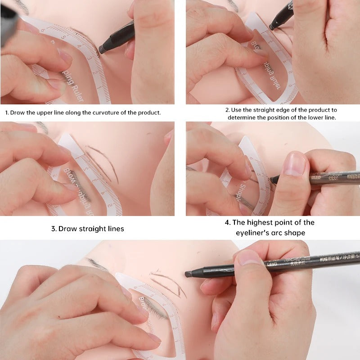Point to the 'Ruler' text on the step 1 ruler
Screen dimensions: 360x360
pyautogui.click(x=77, y=92)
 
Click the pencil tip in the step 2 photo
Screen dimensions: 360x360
pyautogui.click(x=271, y=27)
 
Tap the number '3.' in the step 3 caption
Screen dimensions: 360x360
pyautogui.click(x=54, y=229)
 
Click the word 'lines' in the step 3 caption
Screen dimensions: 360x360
pyautogui.click(x=114, y=229)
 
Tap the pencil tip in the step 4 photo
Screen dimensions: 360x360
pyautogui.click(x=272, y=179)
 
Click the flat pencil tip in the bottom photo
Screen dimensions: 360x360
pyautogui.click(x=188, y=274)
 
